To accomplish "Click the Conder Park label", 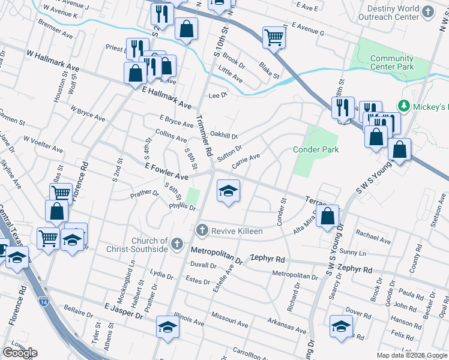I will (x=316, y=149).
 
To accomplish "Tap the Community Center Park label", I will (x=392, y=62).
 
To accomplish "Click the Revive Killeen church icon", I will (x=202, y=230).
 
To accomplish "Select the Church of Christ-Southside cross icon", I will (x=176, y=244).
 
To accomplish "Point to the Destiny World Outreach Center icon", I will (x=427, y=13).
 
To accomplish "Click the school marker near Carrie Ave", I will (x=228, y=191).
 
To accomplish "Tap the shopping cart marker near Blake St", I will (x=274, y=38).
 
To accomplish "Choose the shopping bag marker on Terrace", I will (x=328, y=217).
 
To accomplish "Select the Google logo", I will (x=20, y=353).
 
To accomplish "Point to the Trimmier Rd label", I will (x=204, y=136).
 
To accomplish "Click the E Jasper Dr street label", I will (x=124, y=310).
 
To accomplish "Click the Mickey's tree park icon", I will (x=404, y=106).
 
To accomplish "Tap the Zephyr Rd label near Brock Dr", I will (x=355, y=269).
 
